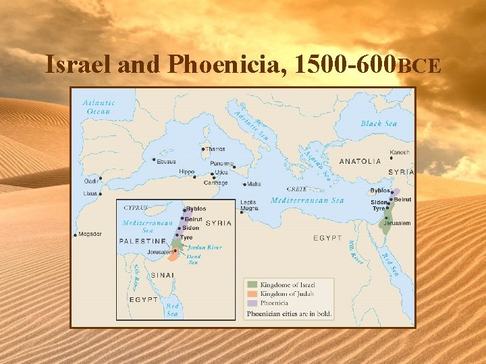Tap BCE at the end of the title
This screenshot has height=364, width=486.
421,66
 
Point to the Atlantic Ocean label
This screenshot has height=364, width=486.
99,107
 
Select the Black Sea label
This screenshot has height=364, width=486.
379,123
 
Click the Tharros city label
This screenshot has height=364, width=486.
215,149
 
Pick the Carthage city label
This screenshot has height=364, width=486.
215,183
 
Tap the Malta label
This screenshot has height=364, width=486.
254,184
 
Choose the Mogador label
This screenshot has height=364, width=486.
90,234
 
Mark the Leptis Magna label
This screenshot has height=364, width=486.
248,206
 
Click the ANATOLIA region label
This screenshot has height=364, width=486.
360,161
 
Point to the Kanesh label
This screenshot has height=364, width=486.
399,152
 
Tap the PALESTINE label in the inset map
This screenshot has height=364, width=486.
142,241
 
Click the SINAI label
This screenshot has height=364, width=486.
161,275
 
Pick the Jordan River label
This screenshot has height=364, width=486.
205,247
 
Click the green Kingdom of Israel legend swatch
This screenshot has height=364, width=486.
251,284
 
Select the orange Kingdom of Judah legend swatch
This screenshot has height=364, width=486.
251,294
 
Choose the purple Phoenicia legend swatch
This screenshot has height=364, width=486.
251,303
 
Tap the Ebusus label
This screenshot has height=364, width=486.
165,162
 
